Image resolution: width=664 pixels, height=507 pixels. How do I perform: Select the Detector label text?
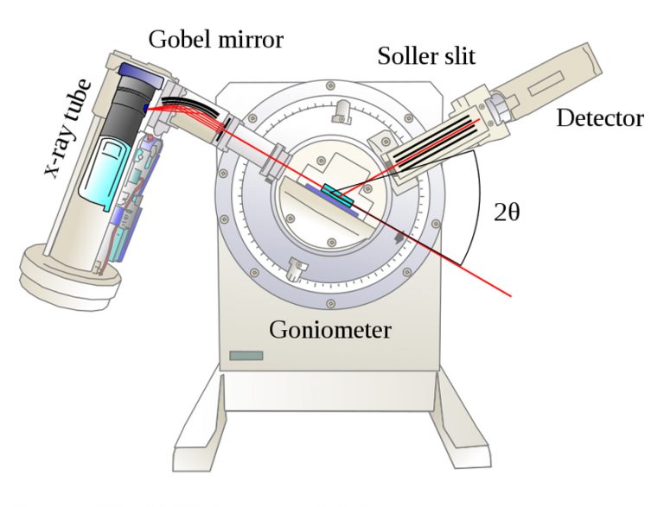(600, 117)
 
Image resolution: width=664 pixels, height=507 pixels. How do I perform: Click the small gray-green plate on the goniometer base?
(247, 355)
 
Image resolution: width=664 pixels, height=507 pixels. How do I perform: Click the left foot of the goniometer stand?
(203, 432)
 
